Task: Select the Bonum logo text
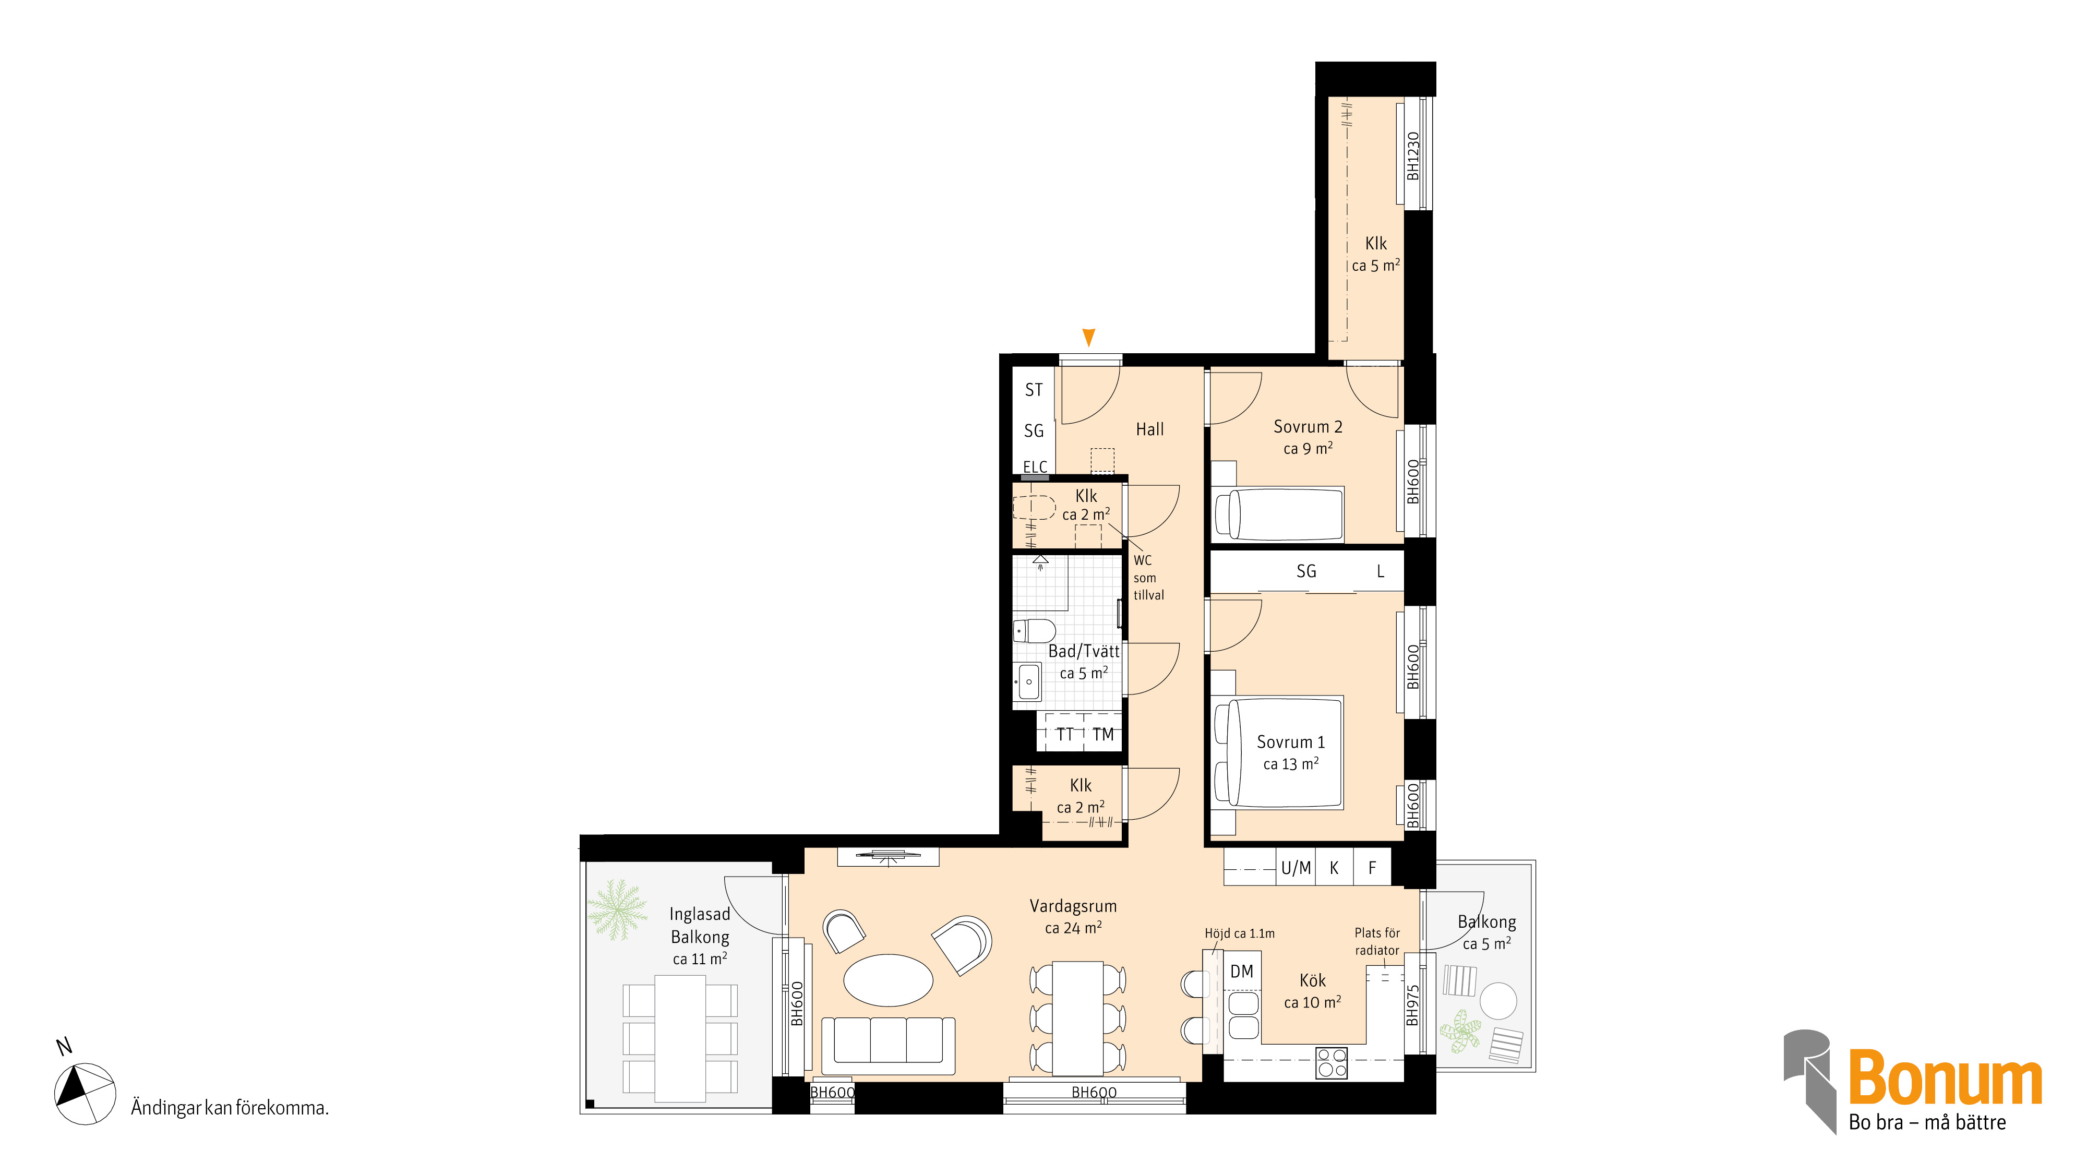1945,1077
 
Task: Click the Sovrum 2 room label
1308,427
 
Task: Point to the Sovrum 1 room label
1291,742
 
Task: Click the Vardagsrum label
1073,906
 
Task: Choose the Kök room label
1313,980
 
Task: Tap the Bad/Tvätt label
1084,651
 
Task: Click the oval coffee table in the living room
888,979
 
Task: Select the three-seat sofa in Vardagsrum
888,1046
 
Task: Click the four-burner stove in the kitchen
1331,1063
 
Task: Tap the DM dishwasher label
1241,972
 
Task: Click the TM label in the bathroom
1102,735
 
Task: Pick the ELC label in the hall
1035,466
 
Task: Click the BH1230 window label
1413,157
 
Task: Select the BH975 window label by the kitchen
1413,1004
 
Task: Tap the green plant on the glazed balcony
617,909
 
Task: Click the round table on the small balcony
1498,1001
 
